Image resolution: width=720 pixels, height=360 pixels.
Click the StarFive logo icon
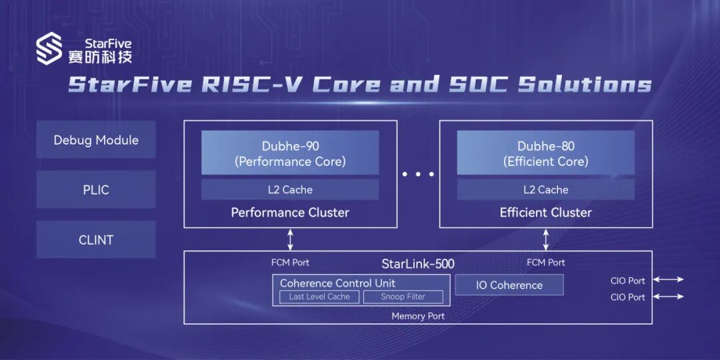pyautogui.click(x=49, y=50)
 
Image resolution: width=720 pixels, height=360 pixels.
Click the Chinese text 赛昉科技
pyautogui.click(x=100, y=57)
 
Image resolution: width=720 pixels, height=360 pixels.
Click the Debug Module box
pyautogui.click(x=96, y=140)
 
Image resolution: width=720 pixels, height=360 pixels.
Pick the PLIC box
pyautogui.click(x=96, y=190)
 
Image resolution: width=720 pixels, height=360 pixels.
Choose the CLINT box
pyautogui.click(x=96, y=240)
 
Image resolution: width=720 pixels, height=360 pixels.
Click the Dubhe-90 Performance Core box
pyautogui.click(x=290, y=153)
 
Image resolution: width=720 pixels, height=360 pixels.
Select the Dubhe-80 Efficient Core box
pyautogui.click(x=546, y=153)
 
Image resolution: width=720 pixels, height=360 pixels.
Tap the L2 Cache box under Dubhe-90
pyautogui.click(x=290, y=190)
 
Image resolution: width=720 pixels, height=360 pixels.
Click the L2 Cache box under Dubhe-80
pyautogui.click(x=546, y=190)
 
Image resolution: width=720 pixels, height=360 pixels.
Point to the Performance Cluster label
pyautogui.click(x=290, y=213)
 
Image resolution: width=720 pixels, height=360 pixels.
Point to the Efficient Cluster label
pyautogui.click(x=546, y=213)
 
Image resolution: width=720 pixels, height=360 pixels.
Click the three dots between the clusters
pyautogui.click(x=418, y=174)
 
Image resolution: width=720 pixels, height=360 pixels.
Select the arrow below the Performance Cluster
pyautogui.click(x=290, y=239)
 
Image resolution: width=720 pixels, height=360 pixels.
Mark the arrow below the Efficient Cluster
pyautogui.click(x=546, y=239)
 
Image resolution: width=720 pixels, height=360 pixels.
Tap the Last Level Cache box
pyautogui.click(x=319, y=297)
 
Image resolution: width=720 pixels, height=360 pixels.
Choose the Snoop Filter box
pyautogui.click(x=403, y=297)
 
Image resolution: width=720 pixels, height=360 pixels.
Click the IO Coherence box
pyautogui.click(x=509, y=285)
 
